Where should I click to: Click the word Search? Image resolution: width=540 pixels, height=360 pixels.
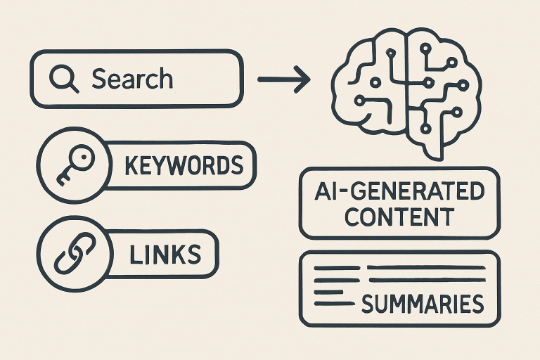tap(132, 79)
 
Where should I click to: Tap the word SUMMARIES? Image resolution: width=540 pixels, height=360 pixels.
tap(423, 304)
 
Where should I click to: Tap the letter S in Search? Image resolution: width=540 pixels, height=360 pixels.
tap(98, 79)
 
